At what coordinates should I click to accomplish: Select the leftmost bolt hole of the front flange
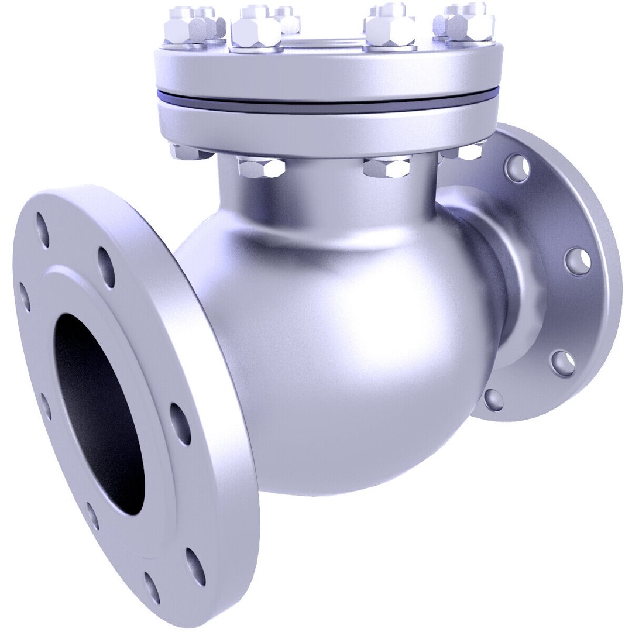[25, 297]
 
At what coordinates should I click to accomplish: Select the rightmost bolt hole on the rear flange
[578, 261]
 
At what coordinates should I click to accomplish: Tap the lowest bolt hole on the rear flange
[493, 399]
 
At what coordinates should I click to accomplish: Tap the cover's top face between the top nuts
[328, 42]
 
